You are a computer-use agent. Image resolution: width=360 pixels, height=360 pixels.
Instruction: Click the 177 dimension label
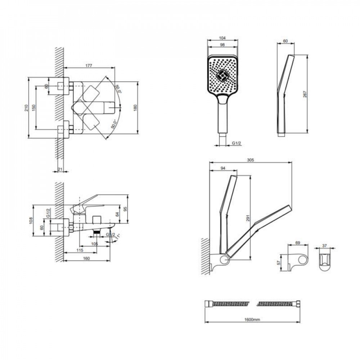tap(89, 66)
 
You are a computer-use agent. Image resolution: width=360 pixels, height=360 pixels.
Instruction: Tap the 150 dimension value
tap(33, 108)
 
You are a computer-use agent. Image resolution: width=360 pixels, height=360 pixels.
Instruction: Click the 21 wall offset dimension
tap(60, 170)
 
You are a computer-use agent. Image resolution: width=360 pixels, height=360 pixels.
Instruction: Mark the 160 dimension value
tap(86, 258)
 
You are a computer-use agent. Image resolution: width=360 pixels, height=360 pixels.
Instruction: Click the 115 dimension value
tap(80, 250)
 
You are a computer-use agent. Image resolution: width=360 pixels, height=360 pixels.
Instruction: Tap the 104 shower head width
tap(222, 37)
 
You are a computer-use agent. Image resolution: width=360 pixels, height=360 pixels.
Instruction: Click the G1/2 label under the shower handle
tap(236, 143)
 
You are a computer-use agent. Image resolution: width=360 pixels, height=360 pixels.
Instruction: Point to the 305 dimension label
tap(250, 161)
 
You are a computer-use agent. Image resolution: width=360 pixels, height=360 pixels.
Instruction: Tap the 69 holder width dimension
tap(298, 243)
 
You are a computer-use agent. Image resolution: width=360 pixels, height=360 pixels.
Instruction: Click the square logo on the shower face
tap(222, 76)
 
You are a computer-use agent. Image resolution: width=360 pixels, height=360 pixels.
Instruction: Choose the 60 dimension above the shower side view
tap(285, 41)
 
